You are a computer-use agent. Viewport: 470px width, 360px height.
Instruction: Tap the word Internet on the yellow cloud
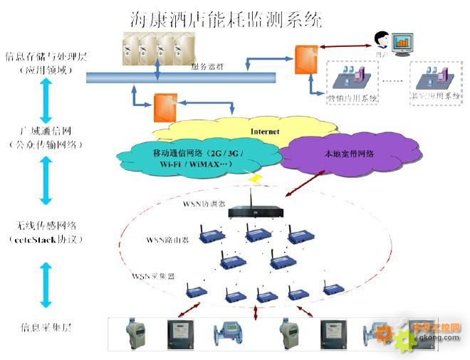[264, 132]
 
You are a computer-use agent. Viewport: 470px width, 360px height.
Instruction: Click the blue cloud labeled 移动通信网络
[187, 159]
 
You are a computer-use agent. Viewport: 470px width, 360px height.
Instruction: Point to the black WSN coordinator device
[257, 210]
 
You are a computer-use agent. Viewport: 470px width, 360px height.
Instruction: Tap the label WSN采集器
[153, 274]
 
